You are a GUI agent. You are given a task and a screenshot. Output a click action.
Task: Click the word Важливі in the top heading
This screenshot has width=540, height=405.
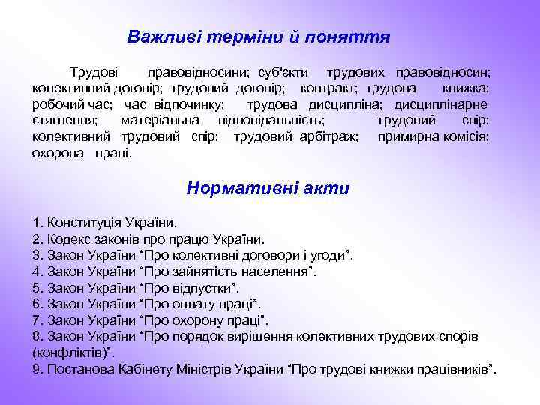click(x=158, y=37)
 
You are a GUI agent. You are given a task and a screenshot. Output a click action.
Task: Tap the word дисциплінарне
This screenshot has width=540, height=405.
click(x=443, y=104)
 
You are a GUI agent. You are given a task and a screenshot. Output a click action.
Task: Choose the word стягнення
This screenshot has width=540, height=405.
click(x=64, y=120)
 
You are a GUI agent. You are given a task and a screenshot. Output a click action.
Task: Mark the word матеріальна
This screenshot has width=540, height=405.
click(x=160, y=120)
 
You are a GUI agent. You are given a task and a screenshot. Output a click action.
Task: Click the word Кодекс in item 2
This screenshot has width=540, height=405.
click(x=68, y=240)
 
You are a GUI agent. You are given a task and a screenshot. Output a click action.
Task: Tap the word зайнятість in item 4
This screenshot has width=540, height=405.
click(x=205, y=271)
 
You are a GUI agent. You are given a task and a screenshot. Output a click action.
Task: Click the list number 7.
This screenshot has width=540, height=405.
click(x=37, y=320)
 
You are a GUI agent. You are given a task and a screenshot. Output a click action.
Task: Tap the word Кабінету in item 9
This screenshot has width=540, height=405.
click(x=146, y=369)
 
